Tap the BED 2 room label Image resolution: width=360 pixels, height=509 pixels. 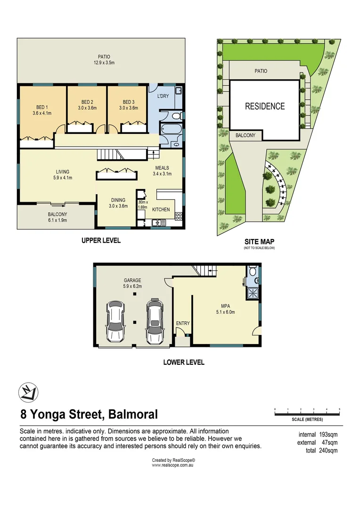click(87, 102)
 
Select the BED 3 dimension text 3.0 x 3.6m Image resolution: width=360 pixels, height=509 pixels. click(128, 108)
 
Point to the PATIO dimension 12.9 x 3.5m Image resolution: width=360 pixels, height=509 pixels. click(101, 62)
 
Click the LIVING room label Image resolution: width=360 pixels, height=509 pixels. click(63, 172)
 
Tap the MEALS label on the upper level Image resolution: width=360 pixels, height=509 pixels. click(162, 168)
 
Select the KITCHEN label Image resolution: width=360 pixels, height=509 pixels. click(161, 209)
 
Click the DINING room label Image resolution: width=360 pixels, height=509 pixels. click(118, 200)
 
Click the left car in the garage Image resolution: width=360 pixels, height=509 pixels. click(115, 322)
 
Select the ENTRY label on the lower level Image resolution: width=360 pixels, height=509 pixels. click(182, 323)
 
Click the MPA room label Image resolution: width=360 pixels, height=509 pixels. click(224, 305)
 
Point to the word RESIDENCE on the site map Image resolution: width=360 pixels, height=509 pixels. click(265, 107)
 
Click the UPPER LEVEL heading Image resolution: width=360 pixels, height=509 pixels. click(101, 240)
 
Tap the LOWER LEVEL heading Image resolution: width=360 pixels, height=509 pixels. click(184, 362)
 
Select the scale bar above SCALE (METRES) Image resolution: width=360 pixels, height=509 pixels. click(307, 414)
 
